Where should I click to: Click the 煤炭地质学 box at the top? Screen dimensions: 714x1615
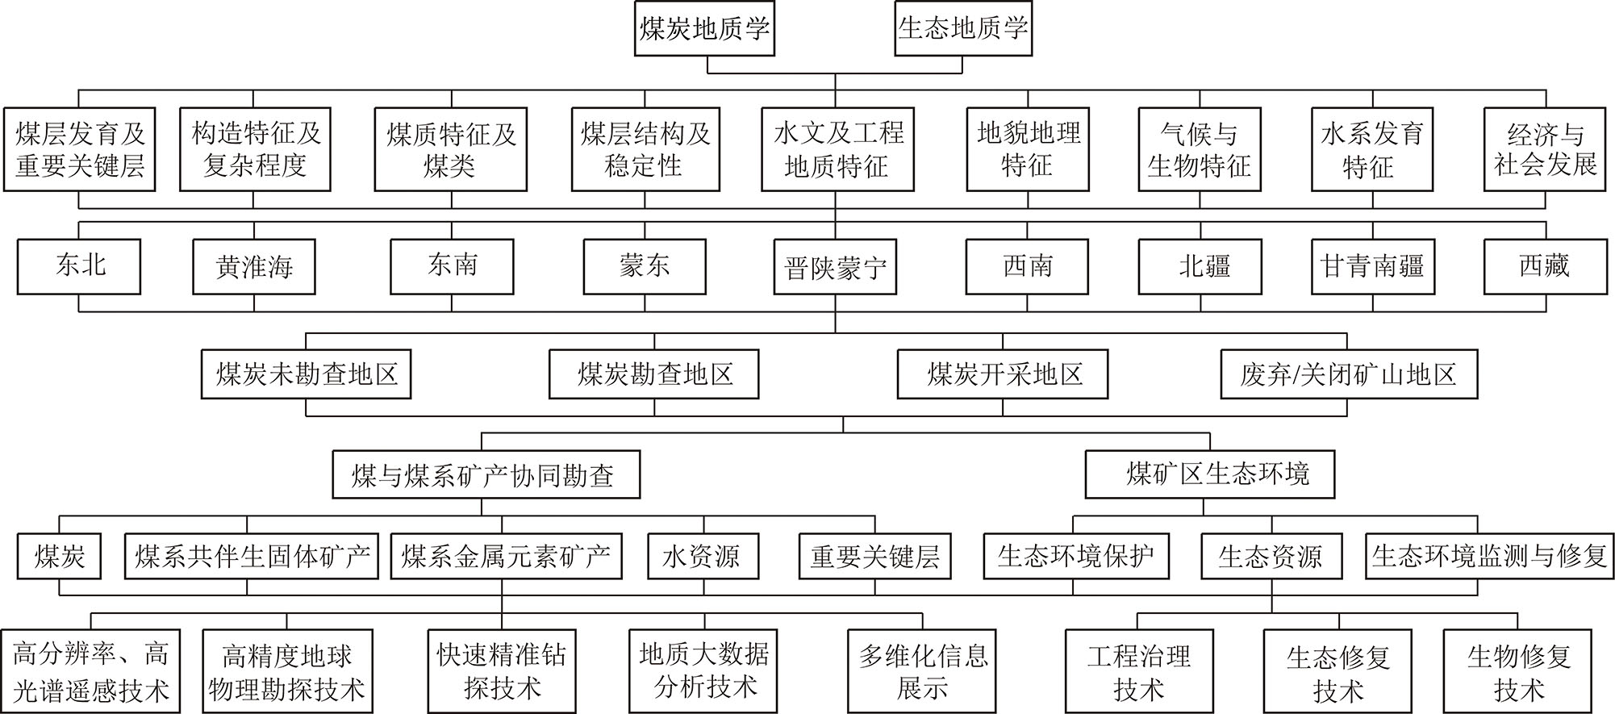pos(704,30)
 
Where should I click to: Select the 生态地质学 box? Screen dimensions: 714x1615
pos(963,30)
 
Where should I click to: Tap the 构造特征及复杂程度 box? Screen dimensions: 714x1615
pos(255,149)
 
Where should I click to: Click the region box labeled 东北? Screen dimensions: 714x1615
pos(79,265)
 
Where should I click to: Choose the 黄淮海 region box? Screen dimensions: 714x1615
pos(254,266)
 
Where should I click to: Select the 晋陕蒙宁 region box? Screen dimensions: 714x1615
pos(835,266)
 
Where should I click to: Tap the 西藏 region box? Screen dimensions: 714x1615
pos(1545,265)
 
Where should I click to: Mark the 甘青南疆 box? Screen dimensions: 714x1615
pos(1373,265)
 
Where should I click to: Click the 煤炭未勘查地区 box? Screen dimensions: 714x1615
pos(307,374)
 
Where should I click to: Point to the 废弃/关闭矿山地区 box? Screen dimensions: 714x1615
pos(1348,374)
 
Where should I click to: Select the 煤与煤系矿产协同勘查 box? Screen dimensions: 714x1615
pos(486,474)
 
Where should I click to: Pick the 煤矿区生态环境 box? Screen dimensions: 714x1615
pos(1209,474)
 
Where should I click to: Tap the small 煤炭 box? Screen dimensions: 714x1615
pos(60,556)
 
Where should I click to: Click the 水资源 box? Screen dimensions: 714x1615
pos(703,556)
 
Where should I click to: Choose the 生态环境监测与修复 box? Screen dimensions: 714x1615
pos(1489,556)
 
